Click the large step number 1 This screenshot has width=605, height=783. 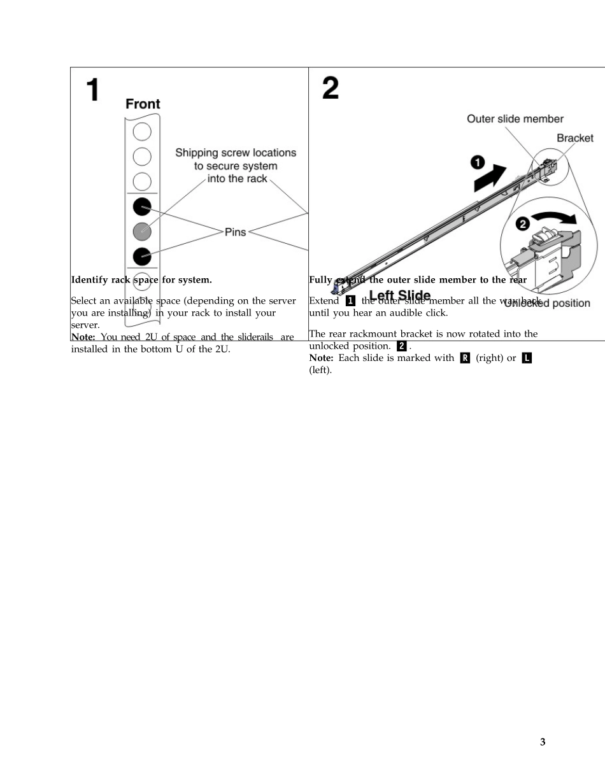pos(93,90)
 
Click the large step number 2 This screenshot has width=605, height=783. pos(330,88)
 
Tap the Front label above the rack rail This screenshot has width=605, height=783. pos(143,104)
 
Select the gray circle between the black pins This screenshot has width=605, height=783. pos(142,231)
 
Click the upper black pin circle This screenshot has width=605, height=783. pos(142,207)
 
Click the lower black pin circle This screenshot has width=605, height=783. pos(142,256)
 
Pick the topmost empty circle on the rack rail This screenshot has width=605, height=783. pos(142,132)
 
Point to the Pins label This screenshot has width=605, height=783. pos(235,232)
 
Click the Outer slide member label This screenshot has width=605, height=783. pos(515,118)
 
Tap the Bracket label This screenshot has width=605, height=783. pos(574,138)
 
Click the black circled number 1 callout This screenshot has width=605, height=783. pos(477,162)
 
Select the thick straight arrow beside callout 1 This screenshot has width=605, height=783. pos(492,176)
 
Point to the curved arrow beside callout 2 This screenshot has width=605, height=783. pos(556,218)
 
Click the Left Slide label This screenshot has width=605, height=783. pos(399,296)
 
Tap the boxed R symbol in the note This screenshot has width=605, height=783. pos(465,358)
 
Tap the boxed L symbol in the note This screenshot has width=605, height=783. pos(526,358)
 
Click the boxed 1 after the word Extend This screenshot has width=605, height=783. pos(350,301)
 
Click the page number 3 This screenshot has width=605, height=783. pos(543,742)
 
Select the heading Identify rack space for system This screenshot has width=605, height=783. pos(141,279)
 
